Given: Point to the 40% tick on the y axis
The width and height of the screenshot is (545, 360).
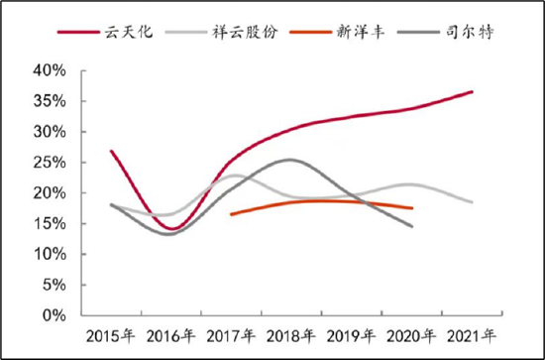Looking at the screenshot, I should pos(49,71).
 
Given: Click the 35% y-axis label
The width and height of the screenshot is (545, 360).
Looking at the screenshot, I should pos(49,102).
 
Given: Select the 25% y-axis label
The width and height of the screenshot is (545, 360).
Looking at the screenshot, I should pos(49,163).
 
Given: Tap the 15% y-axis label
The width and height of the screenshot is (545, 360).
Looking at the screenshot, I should pos(49,224).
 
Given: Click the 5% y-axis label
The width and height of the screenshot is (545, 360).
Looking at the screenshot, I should pos(53,285).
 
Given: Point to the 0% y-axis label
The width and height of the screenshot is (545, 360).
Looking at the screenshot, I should pos(53,315).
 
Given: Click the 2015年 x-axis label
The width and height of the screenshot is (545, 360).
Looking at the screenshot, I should pos(111,335).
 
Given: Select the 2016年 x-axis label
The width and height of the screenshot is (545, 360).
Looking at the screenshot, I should pos(171,335).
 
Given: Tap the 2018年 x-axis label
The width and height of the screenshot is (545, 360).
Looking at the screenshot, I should pos(290,335).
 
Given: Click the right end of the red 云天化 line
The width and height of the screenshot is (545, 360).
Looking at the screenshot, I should pos(473,91).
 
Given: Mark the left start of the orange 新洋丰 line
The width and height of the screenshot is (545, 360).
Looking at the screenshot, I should pos(231,214).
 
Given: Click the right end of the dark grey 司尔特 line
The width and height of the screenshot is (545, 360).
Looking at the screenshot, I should pos(412,226).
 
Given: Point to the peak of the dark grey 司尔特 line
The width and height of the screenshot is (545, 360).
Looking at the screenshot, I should pos(288,160).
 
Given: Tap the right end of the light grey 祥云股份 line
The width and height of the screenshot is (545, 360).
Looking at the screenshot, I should pos(473,202).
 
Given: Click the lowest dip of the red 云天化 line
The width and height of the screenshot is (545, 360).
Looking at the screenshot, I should pos(172,229).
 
